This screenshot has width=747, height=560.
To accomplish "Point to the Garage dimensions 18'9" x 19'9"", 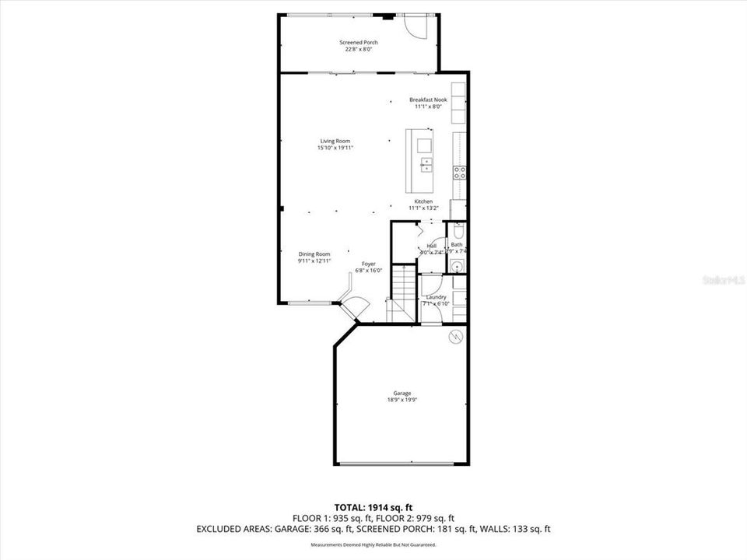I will (x=402, y=400).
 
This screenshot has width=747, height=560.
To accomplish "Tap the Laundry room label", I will (x=436, y=296).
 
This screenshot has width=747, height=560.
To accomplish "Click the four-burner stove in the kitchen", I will (x=460, y=173).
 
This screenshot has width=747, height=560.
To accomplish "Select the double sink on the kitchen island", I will (x=426, y=164).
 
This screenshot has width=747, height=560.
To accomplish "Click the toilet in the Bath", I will (x=458, y=231).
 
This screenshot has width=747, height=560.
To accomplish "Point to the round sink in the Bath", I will (x=457, y=267).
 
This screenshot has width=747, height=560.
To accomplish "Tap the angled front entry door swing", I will (x=355, y=306).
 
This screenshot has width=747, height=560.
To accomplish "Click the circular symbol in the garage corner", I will (x=456, y=337).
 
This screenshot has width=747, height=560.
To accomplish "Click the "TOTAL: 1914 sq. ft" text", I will (x=373, y=506).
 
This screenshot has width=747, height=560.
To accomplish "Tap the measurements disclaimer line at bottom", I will (x=373, y=544).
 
